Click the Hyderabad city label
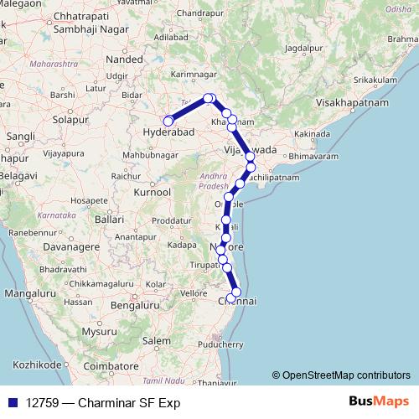tap(169, 133)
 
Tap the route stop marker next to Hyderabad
tap(168, 121)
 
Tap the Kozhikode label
tap(32, 365)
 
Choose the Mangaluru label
tap(29, 295)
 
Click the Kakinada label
tap(315, 134)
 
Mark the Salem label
tap(155, 342)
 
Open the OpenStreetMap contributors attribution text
tap(340, 375)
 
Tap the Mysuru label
tap(101, 331)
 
